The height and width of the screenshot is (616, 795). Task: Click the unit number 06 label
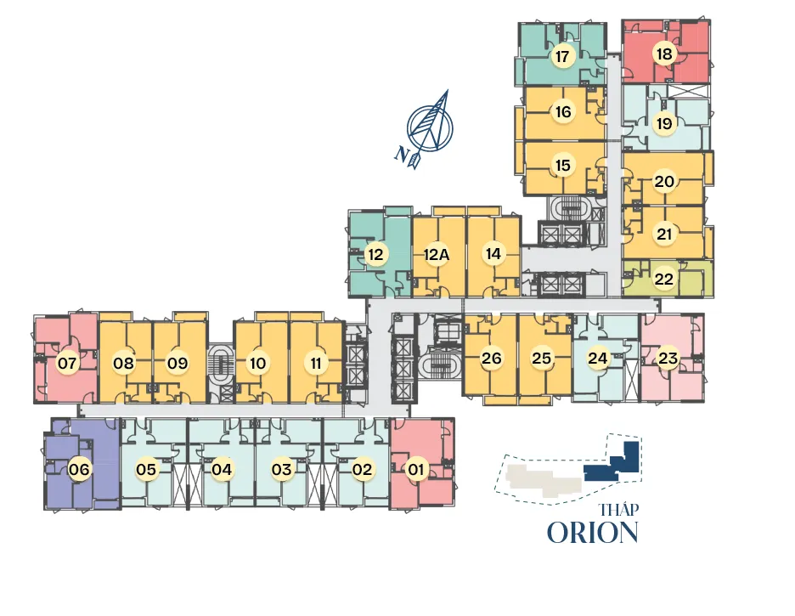pos(79,470)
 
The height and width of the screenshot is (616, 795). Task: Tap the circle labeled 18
pos(664,54)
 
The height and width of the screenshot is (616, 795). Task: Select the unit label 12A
pos(437,255)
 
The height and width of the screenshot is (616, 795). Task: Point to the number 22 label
pos(663,279)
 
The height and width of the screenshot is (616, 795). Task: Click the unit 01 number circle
pos(415,470)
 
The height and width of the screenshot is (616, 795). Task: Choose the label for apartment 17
pos(561,56)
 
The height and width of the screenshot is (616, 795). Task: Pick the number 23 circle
pos(668,359)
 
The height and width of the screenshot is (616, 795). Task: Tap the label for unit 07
pos(67,363)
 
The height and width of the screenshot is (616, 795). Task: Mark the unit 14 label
pos(493,253)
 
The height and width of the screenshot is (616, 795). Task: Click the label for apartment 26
pos(491,359)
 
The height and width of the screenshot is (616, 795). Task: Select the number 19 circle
pos(664,123)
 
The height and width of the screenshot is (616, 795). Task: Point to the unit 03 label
pos(281,470)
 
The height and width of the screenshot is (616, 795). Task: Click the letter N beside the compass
pos(402,154)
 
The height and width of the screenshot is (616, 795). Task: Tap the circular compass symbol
pos(430,128)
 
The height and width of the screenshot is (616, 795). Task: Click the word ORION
pos(592,533)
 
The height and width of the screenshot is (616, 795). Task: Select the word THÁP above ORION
pos(618,509)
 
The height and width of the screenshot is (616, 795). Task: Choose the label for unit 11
pos(316,363)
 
